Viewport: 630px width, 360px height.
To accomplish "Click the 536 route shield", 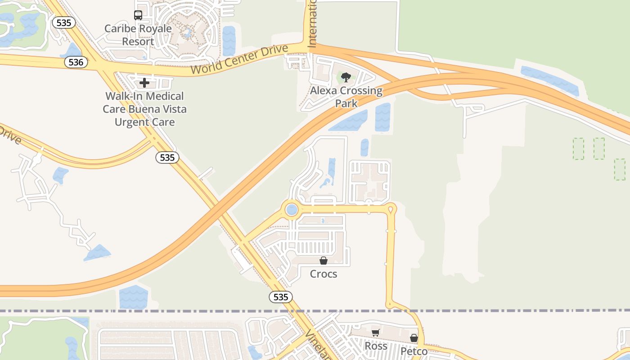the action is coord(76,62).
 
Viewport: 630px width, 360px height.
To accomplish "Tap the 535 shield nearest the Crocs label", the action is coord(281,297).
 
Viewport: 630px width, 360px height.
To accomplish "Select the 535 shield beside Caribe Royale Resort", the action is coord(63,22).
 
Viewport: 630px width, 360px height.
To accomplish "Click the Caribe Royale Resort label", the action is coord(138,35).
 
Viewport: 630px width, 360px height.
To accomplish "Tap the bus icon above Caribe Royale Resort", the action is coord(138,15).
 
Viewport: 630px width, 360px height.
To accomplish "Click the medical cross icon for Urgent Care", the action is coord(144,83).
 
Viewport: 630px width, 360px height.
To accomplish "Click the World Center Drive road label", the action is coord(239,59).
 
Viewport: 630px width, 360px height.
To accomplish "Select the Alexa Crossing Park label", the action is coord(346,97).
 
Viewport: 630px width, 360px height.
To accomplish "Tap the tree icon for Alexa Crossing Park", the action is coord(346,77).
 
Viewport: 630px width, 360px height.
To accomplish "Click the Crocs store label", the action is coord(324,274).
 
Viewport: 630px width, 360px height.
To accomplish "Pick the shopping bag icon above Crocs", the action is coord(323,261).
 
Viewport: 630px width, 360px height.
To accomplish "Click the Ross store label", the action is coord(376,346).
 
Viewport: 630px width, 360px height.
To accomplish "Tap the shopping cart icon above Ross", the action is coord(375,333).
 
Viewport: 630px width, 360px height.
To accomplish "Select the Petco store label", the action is coord(414,351).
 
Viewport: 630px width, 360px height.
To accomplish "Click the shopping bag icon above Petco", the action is coord(414,337).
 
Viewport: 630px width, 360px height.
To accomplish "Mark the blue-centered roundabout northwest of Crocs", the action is coord(292,210).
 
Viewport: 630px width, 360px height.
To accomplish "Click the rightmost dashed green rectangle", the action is coord(620,169).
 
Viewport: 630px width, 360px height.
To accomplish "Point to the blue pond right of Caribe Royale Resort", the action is coord(229,40).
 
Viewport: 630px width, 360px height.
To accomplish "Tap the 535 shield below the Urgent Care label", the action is coord(167,157).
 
